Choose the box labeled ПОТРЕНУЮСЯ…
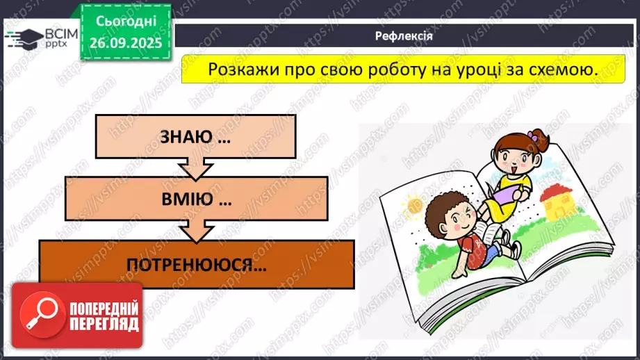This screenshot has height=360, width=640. click(x=197, y=264)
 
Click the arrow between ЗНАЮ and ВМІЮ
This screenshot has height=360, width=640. click(x=195, y=168)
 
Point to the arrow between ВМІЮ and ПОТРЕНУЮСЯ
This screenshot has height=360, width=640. click(x=196, y=231)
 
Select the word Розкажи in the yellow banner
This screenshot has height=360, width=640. click(x=238, y=69)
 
